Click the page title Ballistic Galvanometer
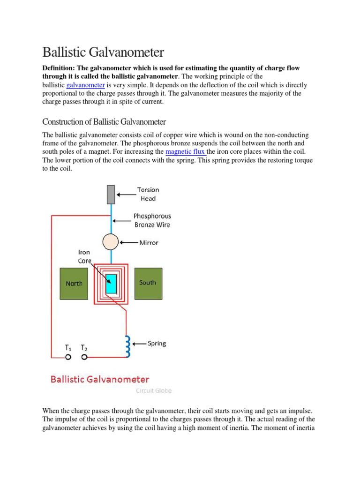[103, 51]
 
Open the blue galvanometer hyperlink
[85, 85]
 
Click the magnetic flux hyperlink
[186, 151]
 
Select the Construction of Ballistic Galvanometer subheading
[104, 122]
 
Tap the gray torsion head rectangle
[111, 194]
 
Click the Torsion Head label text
[148, 194]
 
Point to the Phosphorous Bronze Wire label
[152, 220]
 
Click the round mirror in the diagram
[111, 242]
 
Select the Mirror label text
[149, 243]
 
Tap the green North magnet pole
[74, 284]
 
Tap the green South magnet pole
[148, 283]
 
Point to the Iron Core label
[84, 256]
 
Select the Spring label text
[157, 344]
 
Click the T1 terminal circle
[68, 357]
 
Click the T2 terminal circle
[84, 357]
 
